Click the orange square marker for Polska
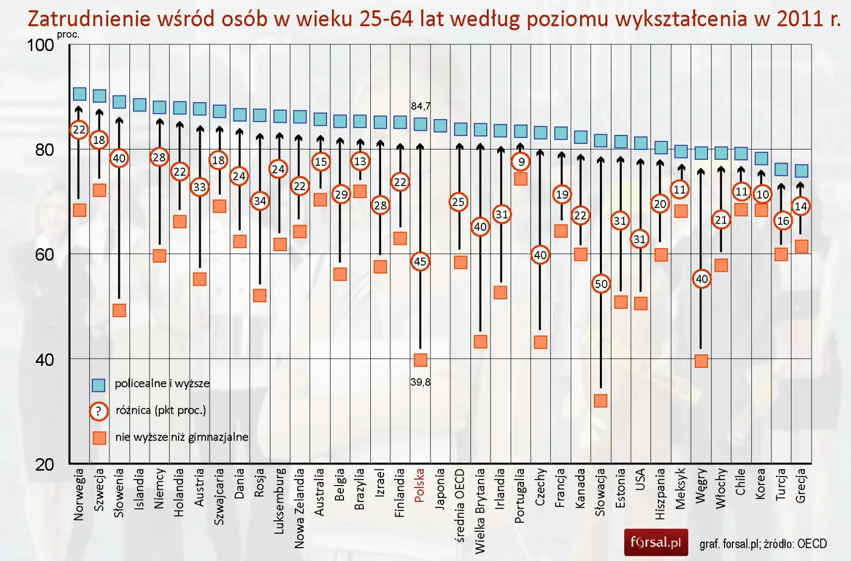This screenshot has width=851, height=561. tap(420, 360)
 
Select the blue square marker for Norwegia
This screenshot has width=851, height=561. tap(80, 94)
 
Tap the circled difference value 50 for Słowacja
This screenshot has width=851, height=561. tap(601, 284)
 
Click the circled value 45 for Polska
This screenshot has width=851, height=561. tap(420, 262)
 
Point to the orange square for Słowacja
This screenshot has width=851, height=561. tap(601, 401)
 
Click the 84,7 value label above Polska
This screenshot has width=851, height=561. tap(421, 106)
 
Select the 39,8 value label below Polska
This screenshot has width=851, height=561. tap(420, 382)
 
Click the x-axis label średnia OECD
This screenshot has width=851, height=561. tap(460, 504)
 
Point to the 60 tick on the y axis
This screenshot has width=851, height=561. tap(44, 255)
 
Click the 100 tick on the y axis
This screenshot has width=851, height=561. tap(40, 46)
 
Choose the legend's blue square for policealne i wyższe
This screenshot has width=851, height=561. tap(98, 385)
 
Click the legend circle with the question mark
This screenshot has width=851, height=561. tap(98, 411)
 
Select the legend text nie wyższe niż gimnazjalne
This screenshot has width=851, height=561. tap(182, 437)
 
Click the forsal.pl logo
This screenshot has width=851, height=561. tap(656, 542)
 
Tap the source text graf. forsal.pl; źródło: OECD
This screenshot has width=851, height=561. tap(763, 544)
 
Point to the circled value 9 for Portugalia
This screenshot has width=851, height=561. tap(521, 162)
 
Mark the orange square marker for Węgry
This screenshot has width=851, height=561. tap(701, 361)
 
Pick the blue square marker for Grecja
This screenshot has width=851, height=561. tap(801, 171)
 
